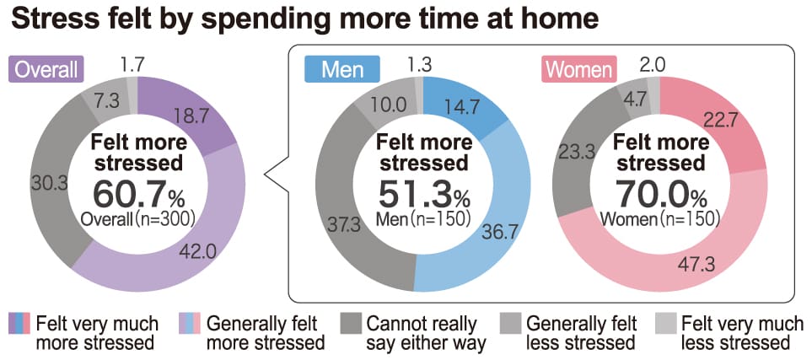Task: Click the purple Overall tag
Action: [46, 69]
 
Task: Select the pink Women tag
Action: [579, 69]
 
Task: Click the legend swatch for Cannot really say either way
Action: [351, 324]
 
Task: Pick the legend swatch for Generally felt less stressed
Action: [511, 324]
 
